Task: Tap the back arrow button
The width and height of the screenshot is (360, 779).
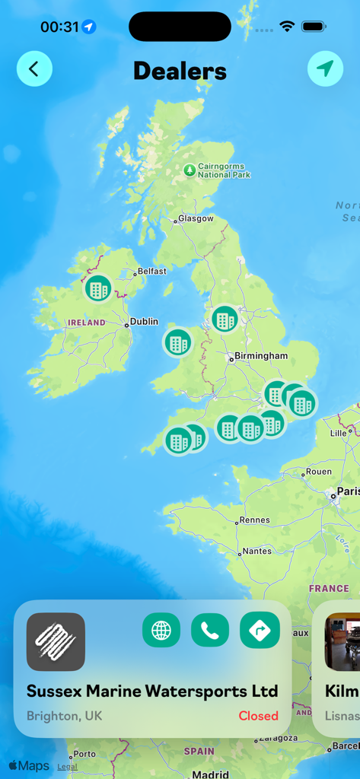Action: click(x=34, y=69)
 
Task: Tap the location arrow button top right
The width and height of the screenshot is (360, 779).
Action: click(x=325, y=69)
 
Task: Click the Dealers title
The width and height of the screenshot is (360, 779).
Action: click(x=180, y=71)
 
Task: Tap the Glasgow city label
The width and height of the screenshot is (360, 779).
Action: click(x=195, y=218)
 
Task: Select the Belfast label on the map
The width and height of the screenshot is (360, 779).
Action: click(x=151, y=271)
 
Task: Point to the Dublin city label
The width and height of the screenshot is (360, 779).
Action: click(x=144, y=322)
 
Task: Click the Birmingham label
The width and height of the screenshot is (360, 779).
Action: click(x=261, y=356)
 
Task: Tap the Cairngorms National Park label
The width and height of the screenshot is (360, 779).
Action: click(x=224, y=170)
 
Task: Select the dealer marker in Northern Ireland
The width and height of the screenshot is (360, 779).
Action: click(x=97, y=288)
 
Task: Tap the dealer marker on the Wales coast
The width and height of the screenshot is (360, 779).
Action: click(x=178, y=342)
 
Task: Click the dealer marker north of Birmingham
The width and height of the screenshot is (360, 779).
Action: click(x=225, y=319)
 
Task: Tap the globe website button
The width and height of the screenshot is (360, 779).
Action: click(x=161, y=631)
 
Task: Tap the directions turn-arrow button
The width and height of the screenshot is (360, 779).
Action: click(x=260, y=631)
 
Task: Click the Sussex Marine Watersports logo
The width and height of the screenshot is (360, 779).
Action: click(x=56, y=641)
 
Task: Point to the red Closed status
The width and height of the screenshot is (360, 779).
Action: click(x=258, y=716)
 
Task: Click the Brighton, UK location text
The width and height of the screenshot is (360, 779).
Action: click(x=64, y=716)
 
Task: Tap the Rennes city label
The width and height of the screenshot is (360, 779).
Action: click(x=254, y=520)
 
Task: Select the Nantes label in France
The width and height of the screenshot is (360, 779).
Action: click(x=256, y=551)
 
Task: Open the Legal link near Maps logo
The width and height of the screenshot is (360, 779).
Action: click(x=67, y=767)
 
